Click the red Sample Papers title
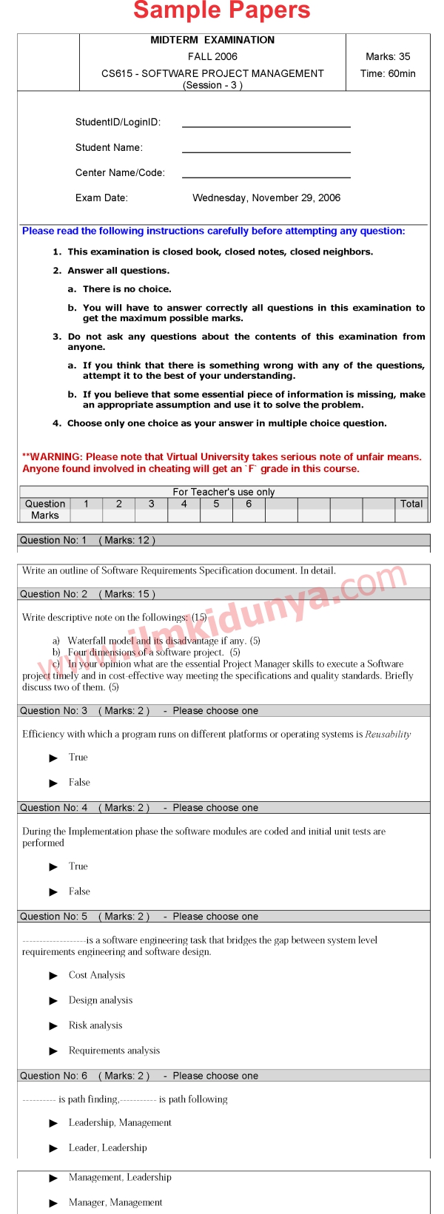tap(222, 11)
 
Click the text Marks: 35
tap(388, 56)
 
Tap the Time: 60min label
tap(388, 73)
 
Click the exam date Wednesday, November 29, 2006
tap(266, 198)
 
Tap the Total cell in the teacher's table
tap(411, 504)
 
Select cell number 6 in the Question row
tap(249, 504)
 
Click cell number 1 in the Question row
tap(87, 504)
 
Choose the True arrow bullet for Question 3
tap(53, 758)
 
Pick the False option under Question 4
tap(79, 891)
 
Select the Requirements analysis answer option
tap(114, 1051)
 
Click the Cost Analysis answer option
tap(97, 975)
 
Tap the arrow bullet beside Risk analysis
tap(53, 1026)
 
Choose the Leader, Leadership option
tap(107, 1147)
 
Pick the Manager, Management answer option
tap(115, 1202)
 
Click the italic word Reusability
tap(388, 735)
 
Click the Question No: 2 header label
tap(53, 594)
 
